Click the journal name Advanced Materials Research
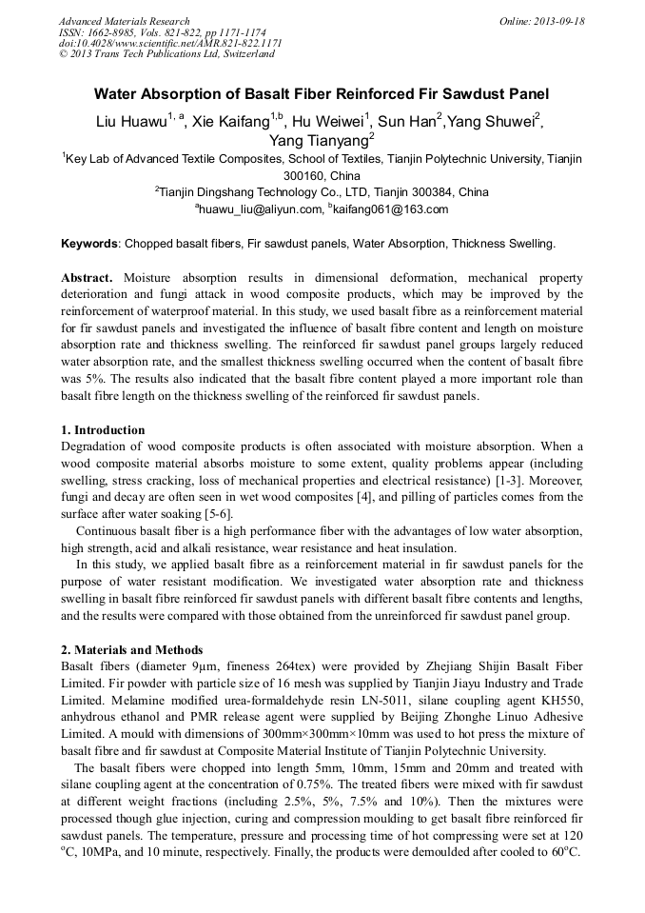[124, 21]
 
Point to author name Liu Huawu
[131, 122]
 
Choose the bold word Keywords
[90, 244]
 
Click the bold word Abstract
[88, 278]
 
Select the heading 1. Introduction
[103, 430]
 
